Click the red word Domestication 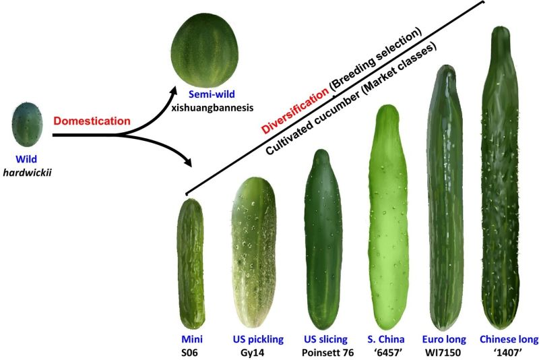tap(92, 121)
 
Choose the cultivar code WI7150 tap(441, 352)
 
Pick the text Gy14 tap(254, 352)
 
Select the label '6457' tap(386, 352)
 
